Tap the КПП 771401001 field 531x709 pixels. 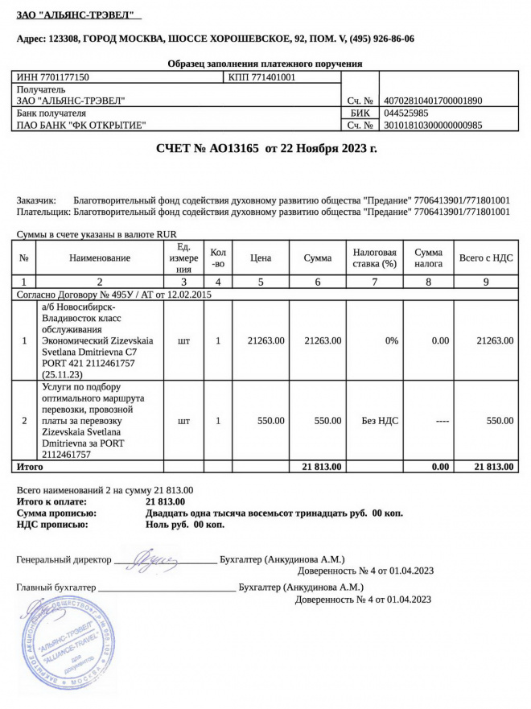click(262, 77)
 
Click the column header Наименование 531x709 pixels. click(100, 258)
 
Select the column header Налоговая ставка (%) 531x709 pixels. click(375, 258)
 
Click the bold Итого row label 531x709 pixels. click(30, 466)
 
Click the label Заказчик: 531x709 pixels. click(36, 200)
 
